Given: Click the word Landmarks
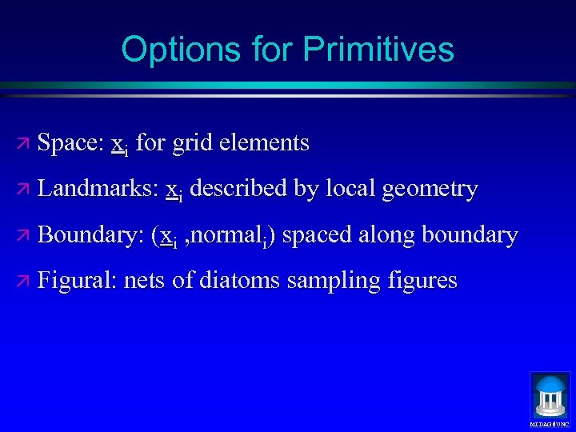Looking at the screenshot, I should coord(97,189).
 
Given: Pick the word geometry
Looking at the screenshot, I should coord(430,189).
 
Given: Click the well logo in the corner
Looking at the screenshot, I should coord(550,395).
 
